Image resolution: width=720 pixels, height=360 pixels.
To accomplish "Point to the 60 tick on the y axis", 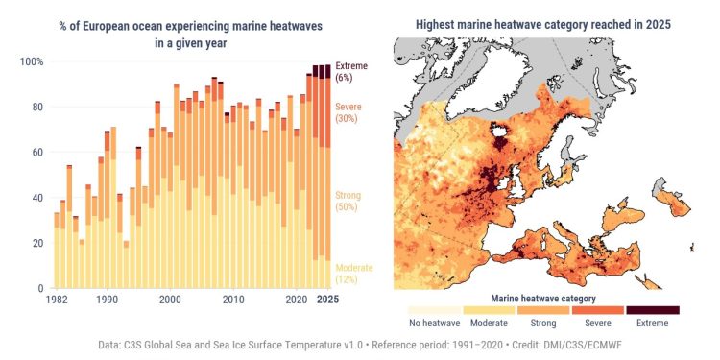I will (x=36, y=153).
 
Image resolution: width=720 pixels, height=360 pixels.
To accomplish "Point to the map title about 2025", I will (x=542, y=22).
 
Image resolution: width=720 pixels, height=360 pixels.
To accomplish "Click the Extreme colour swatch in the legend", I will (x=652, y=310).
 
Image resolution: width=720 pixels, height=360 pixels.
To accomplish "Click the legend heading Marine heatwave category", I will (x=543, y=298).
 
